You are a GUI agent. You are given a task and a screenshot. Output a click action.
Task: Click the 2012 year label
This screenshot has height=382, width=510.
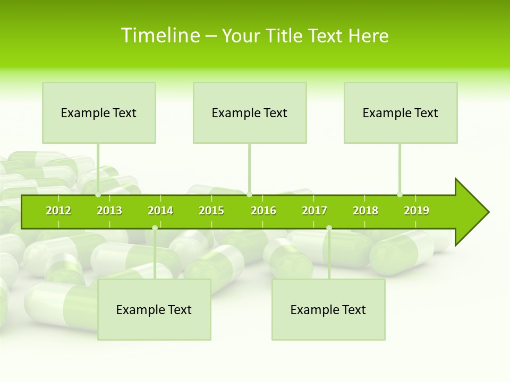(58, 211)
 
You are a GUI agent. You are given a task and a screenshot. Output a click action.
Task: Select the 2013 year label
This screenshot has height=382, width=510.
(109, 211)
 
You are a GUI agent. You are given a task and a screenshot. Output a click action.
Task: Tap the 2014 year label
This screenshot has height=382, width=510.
(160, 211)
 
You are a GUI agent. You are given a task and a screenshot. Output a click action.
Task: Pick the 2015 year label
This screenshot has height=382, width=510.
(211, 211)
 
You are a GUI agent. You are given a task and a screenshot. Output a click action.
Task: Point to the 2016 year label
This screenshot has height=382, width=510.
(263, 211)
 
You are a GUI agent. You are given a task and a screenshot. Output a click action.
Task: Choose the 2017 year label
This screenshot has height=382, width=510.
(314, 211)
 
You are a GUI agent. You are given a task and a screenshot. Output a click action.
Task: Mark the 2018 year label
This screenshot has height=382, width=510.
(365, 211)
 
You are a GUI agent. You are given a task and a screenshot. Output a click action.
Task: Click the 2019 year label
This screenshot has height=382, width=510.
(416, 211)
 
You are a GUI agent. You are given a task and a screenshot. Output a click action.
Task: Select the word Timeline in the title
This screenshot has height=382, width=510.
(160, 36)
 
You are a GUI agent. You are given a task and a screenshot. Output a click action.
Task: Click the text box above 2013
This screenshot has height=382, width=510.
(99, 112)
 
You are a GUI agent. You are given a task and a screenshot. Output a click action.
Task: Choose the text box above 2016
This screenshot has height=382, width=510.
(250, 112)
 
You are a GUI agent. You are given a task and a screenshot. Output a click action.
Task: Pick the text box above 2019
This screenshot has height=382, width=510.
(401, 112)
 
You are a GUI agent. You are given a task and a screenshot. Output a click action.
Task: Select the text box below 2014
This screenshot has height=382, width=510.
(154, 309)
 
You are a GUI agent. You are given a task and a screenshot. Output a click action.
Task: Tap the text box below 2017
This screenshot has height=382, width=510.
(328, 309)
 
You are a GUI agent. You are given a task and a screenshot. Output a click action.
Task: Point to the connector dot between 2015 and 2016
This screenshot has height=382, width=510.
(250, 195)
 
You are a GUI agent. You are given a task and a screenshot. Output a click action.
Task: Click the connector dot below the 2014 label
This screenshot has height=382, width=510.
(155, 228)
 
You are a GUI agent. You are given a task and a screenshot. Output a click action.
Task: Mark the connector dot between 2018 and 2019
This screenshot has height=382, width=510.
(400, 195)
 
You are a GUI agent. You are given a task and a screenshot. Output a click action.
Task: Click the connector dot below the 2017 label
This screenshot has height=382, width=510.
(329, 228)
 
